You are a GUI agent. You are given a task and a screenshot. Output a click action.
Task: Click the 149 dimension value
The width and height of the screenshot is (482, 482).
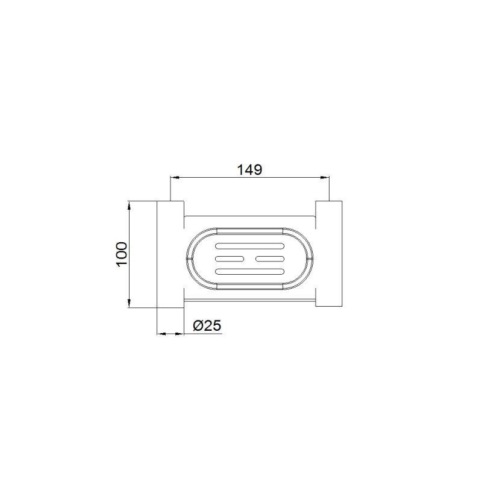point(249,170)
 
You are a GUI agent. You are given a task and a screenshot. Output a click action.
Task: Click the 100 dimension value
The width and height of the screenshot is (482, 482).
point(122,254)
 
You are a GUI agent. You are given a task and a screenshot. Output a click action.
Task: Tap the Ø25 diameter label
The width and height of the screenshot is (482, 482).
point(207,325)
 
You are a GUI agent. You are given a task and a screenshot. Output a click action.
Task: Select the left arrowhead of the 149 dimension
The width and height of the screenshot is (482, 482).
point(175,177)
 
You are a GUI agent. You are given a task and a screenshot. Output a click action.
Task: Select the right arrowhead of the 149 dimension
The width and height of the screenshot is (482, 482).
point(325,177)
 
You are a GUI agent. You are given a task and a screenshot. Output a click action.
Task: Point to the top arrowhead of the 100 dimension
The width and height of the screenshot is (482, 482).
point(130,205)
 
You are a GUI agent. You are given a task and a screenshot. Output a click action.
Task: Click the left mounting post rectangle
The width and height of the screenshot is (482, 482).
point(171,254)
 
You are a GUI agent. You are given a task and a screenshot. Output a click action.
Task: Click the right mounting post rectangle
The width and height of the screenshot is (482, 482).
point(328,254)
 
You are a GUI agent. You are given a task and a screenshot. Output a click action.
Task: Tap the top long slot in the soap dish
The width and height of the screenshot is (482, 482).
point(249,246)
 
